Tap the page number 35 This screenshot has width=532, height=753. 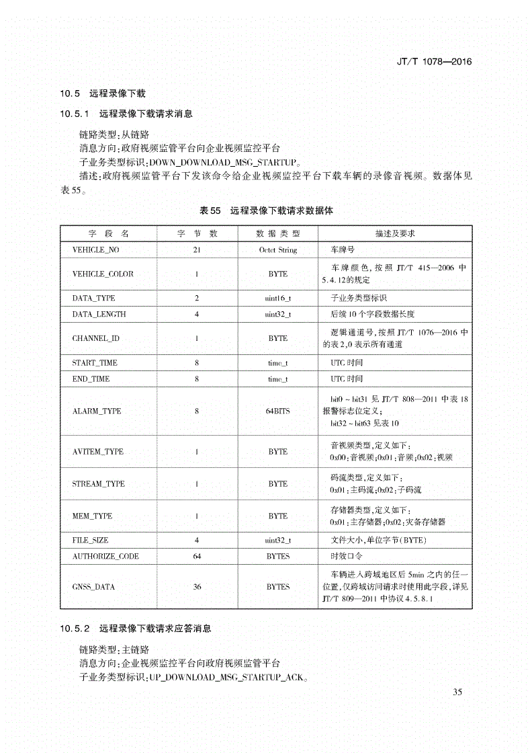(458, 692)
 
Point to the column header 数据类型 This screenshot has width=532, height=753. (277, 233)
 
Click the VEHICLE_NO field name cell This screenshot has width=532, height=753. (95, 249)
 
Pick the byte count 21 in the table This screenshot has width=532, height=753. (197, 249)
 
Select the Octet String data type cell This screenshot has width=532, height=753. (277, 249)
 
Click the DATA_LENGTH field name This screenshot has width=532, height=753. (99, 314)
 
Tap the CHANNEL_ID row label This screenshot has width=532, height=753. (95, 338)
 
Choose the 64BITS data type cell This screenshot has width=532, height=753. (277, 411)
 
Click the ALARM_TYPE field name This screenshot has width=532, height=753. (97, 411)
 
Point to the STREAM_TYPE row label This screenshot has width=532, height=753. (98, 483)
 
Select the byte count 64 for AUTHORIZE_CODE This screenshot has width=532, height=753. (197, 556)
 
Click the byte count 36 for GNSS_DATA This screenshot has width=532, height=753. (197, 586)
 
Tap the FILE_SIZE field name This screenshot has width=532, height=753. (90, 540)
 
